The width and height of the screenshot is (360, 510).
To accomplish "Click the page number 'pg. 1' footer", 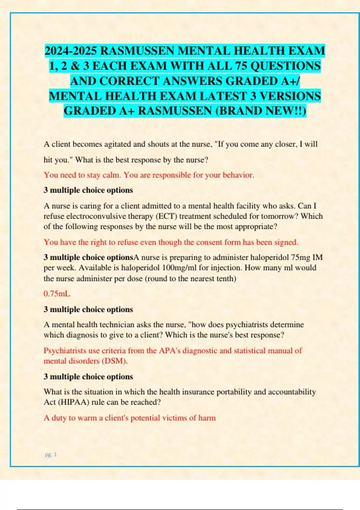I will coord(51,454).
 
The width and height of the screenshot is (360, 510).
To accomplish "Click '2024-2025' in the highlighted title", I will coord(71,51).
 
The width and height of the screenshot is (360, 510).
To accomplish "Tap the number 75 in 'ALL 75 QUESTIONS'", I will coord(240,66).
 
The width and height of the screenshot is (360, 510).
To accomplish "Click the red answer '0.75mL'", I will coord(57,294).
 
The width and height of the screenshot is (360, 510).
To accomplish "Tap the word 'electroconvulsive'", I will coord(95,216).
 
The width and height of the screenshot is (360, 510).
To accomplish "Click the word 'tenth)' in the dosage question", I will coord(225,279).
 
